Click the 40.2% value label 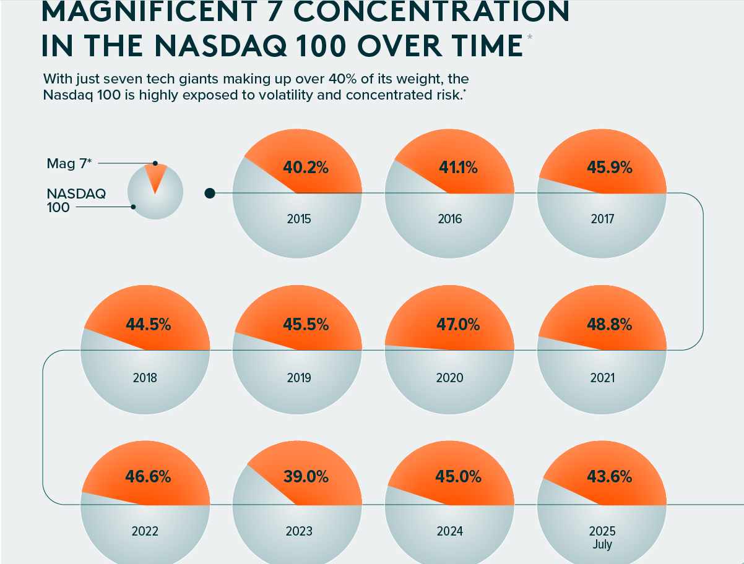[305, 167]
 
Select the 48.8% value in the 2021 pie [610, 323]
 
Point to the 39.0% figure [305, 477]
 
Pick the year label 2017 [602, 219]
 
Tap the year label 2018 [145, 377]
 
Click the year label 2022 [145, 531]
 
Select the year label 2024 [449, 531]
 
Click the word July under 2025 [602, 545]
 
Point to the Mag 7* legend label [69, 163]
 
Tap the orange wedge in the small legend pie [155, 176]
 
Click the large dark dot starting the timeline [210, 194]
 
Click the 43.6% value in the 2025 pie [610, 477]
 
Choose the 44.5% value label [149, 323]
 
